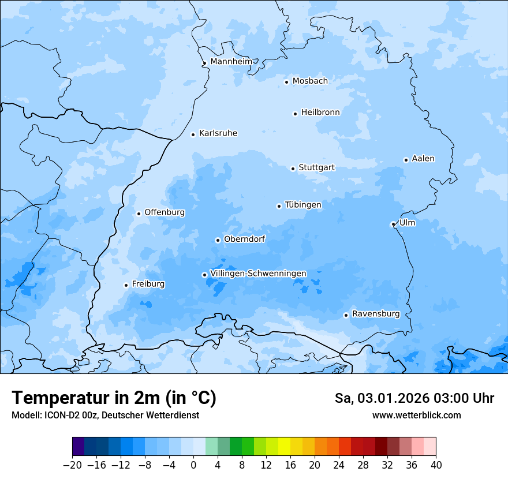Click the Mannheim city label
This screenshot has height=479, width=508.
click(231, 61)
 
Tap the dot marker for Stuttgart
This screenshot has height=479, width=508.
click(293, 169)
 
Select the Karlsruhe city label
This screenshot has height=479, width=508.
click(218, 133)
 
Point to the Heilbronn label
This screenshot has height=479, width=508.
click(320, 113)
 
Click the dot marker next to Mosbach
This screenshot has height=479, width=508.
click(286, 82)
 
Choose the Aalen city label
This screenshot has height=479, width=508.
click(423, 159)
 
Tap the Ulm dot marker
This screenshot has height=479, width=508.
click(393, 224)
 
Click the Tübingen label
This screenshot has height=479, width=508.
click(303, 205)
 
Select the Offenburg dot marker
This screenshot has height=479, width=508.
click(139, 214)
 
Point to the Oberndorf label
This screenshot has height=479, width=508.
click(244, 239)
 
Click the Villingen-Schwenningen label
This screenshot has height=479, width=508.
click(258, 274)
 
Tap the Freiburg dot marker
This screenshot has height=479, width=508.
click(126, 285)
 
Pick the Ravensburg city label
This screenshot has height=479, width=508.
click(376, 314)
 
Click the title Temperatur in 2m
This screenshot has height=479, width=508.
click(114, 398)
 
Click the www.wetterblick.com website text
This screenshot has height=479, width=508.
click(416, 416)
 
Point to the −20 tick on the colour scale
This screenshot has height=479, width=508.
click(72, 465)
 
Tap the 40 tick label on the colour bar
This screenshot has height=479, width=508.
click(436, 465)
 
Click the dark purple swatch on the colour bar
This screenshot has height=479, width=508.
click(78, 447)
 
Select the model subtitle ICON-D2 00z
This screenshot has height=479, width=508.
click(105, 416)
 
